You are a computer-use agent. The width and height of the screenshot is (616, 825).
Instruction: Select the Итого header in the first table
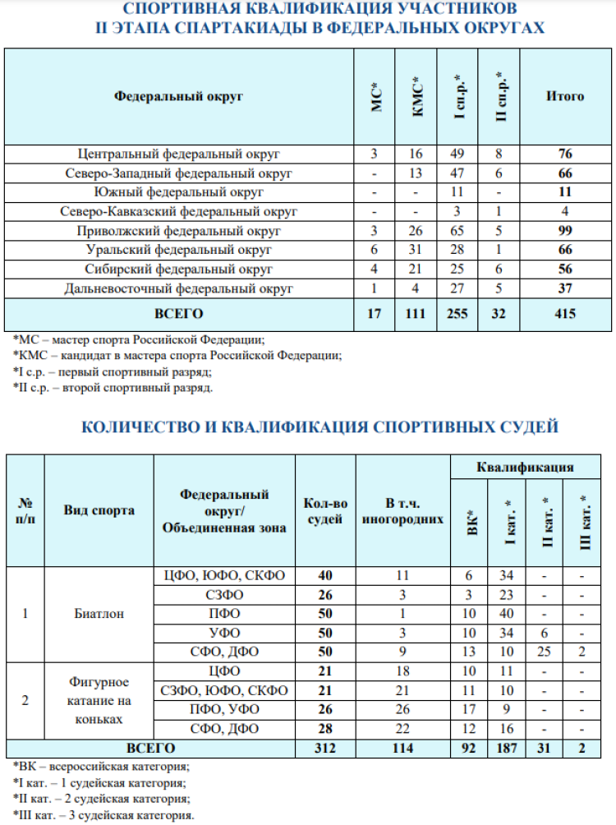pos(565,97)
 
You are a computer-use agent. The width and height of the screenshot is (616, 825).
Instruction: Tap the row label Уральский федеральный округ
pos(179,250)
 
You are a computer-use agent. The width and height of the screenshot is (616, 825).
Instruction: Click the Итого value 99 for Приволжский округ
pos(565,231)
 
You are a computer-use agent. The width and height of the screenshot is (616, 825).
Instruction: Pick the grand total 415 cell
pos(565,314)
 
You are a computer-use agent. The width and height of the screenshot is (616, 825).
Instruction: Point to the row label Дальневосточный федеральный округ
pos(179,288)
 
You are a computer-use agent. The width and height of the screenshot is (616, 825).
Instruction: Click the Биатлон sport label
pos(99,613)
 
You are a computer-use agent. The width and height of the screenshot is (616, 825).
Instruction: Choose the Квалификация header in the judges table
pos(525,467)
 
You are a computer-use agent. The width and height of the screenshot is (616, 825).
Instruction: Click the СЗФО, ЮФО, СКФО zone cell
pos(224,691)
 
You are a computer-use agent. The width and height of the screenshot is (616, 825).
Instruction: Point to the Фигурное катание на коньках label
pos(99,701)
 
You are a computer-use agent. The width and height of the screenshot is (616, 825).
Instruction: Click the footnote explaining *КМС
pos(177,356)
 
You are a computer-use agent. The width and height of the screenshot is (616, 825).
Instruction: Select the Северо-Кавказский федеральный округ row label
pos(179,211)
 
